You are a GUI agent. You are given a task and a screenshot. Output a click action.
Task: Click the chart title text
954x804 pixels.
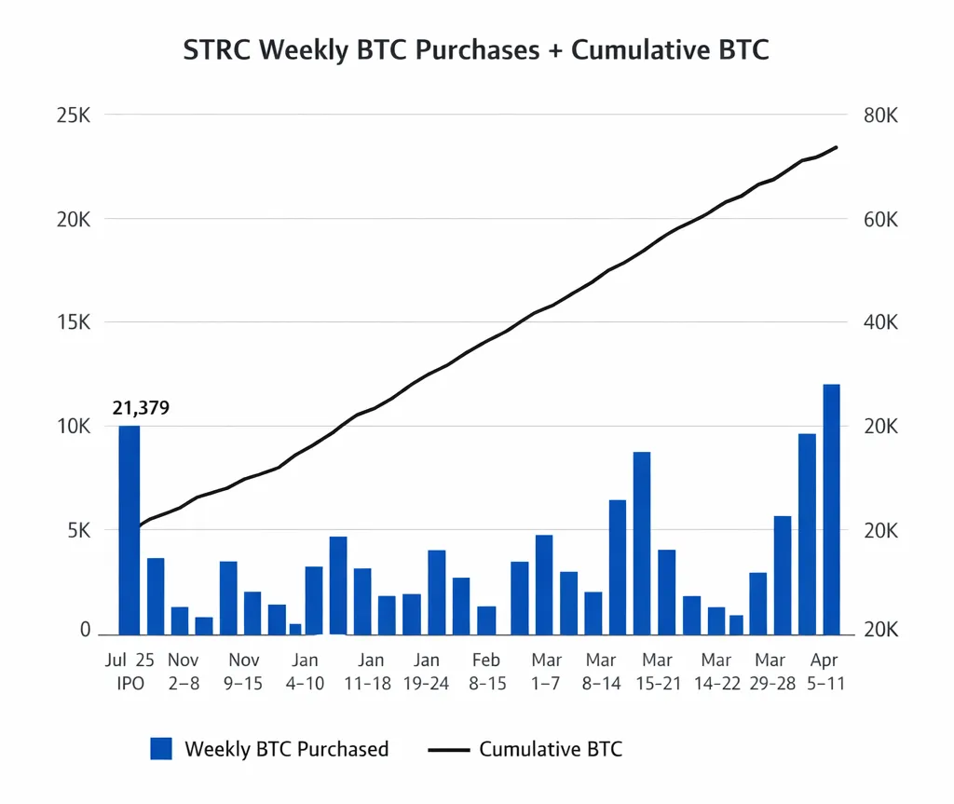[x=476, y=50]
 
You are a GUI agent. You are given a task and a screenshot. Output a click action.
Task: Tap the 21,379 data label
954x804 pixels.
[x=141, y=407]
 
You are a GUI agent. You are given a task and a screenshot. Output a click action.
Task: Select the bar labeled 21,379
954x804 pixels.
[x=129, y=529]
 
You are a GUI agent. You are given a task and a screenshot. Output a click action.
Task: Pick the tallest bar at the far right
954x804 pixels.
[x=831, y=509]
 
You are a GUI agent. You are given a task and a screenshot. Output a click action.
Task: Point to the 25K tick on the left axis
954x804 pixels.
[x=72, y=116]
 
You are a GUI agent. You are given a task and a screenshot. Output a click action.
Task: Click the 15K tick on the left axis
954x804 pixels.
[x=72, y=322]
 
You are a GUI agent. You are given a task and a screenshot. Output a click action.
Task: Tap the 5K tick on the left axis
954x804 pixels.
[x=75, y=530]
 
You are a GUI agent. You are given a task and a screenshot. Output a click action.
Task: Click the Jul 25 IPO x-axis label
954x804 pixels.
[x=129, y=671]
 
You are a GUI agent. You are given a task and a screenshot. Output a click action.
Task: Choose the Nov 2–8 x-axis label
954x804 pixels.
[x=184, y=671]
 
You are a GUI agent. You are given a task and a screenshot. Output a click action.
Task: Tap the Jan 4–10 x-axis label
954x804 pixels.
[x=305, y=671]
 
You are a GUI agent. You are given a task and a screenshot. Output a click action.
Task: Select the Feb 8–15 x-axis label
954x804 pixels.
[x=485, y=671]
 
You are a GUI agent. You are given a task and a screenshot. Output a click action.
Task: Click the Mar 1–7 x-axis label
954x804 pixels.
[x=547, y=671]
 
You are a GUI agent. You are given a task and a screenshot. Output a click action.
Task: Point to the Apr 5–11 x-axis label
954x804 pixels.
[x=825, y=671]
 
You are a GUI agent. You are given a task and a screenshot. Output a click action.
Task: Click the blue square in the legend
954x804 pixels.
[x=161, y=748]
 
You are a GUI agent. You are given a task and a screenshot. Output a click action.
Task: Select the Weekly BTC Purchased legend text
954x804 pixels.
[x=286, y=748]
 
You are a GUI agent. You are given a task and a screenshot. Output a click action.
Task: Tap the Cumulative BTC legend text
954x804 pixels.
[x=551, y=748]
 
